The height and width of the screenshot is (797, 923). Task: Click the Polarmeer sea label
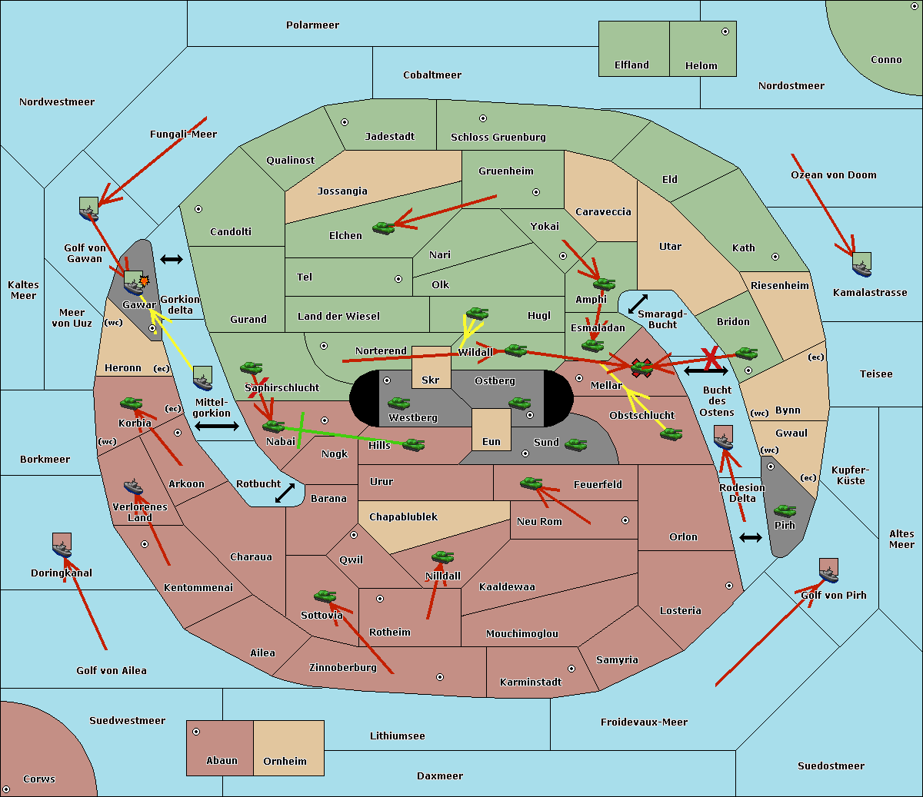(312, 25)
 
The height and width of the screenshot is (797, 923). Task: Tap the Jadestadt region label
(389, 137)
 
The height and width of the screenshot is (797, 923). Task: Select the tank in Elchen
(383, 227)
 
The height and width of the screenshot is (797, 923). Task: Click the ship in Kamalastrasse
(861, 265)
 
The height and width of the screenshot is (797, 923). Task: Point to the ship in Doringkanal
(62, 546)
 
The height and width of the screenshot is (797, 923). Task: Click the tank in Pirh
(785, 511)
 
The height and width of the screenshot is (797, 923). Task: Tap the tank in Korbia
(131, 403)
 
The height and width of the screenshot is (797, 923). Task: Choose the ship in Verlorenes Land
(133, 487)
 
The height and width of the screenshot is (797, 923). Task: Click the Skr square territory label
(430, 380)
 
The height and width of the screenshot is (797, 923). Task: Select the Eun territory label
(491, 442)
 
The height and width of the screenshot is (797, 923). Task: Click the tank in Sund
(575, 444)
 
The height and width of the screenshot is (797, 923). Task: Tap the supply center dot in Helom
(725, 32)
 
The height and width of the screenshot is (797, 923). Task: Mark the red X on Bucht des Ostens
(711, 357)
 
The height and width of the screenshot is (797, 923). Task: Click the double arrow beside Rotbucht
(285, 493)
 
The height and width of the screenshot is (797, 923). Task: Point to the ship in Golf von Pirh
(828, 571)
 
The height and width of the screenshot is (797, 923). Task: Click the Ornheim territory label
(285, 762)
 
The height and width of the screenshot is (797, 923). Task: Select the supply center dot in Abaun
(196, 732)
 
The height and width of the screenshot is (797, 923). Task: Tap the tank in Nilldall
(442, 557)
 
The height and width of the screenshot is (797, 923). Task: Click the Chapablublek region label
(403, 517)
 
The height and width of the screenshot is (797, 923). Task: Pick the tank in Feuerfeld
(531, 483)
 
